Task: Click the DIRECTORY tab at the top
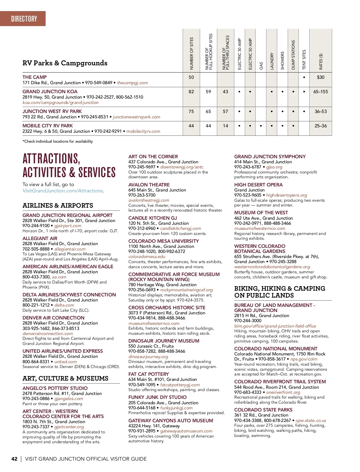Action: (24, 19)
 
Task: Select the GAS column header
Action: (261, 66)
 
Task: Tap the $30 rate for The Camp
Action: (320, 77)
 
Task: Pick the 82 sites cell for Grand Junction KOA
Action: (191, 92)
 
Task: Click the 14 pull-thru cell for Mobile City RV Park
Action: (225, 126)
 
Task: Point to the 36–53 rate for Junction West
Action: (320, 111)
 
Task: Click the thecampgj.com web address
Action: (132, 83)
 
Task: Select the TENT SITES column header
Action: (304, 59)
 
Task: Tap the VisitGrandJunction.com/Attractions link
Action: (62, 191)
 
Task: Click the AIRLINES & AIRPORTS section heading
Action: (58, 206)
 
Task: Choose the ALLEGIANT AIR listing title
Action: (40, 239)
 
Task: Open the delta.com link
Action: (64, 305)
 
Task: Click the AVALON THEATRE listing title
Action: (149, 185)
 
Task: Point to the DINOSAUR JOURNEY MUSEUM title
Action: (164, 341)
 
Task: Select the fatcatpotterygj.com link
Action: (180, 385)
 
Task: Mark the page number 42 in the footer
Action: (14, 459)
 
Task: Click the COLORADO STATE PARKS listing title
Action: (263, 410)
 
